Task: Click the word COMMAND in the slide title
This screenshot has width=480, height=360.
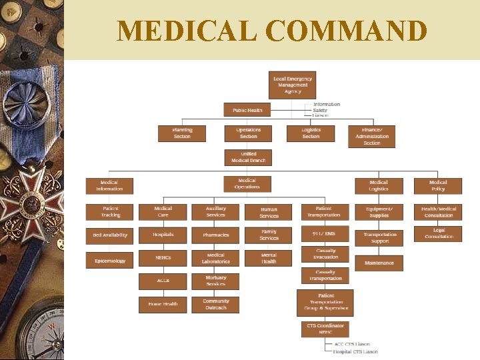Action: coord(346,31)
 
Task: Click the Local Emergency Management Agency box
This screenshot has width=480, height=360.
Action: coord(291,85)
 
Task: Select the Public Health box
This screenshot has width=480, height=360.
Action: coord(247,110)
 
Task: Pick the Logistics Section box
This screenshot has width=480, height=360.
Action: coord(311,133)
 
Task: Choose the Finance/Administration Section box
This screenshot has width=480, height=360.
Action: coord(371,136)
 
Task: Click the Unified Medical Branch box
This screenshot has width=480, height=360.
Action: coord(248,157)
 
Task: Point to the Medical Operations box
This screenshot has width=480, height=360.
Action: coord(247,184)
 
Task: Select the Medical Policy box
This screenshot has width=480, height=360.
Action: coord(437,185)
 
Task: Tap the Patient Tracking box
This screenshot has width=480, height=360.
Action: coord(110,212)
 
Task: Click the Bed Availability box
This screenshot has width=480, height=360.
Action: coord(110,235)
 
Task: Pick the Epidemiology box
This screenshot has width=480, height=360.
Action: coord(110,261)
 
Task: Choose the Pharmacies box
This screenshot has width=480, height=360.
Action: coord(215,235)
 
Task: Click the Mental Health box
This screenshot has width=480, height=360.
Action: coord(269,258)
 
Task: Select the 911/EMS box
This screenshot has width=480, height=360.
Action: coord(325,234)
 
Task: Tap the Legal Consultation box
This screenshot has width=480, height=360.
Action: coord(438,233)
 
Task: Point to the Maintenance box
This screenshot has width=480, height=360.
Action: coord(379,263)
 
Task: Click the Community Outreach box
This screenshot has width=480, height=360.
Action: coord(215,305)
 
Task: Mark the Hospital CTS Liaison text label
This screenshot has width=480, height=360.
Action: coord(355,351)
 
